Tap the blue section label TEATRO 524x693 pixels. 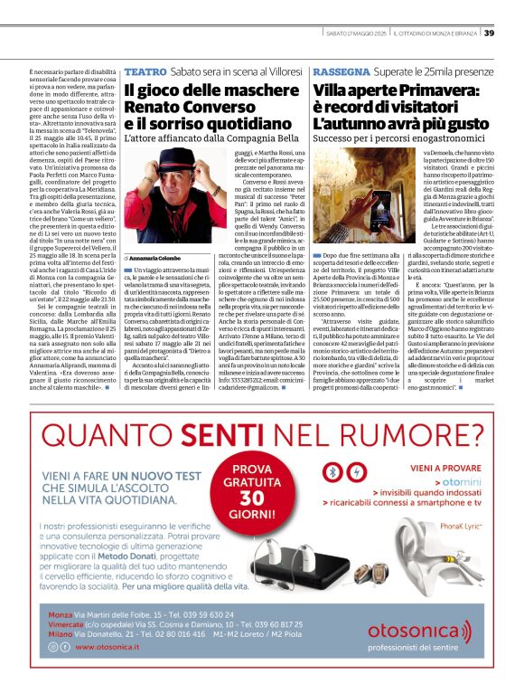tap(145, 71)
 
